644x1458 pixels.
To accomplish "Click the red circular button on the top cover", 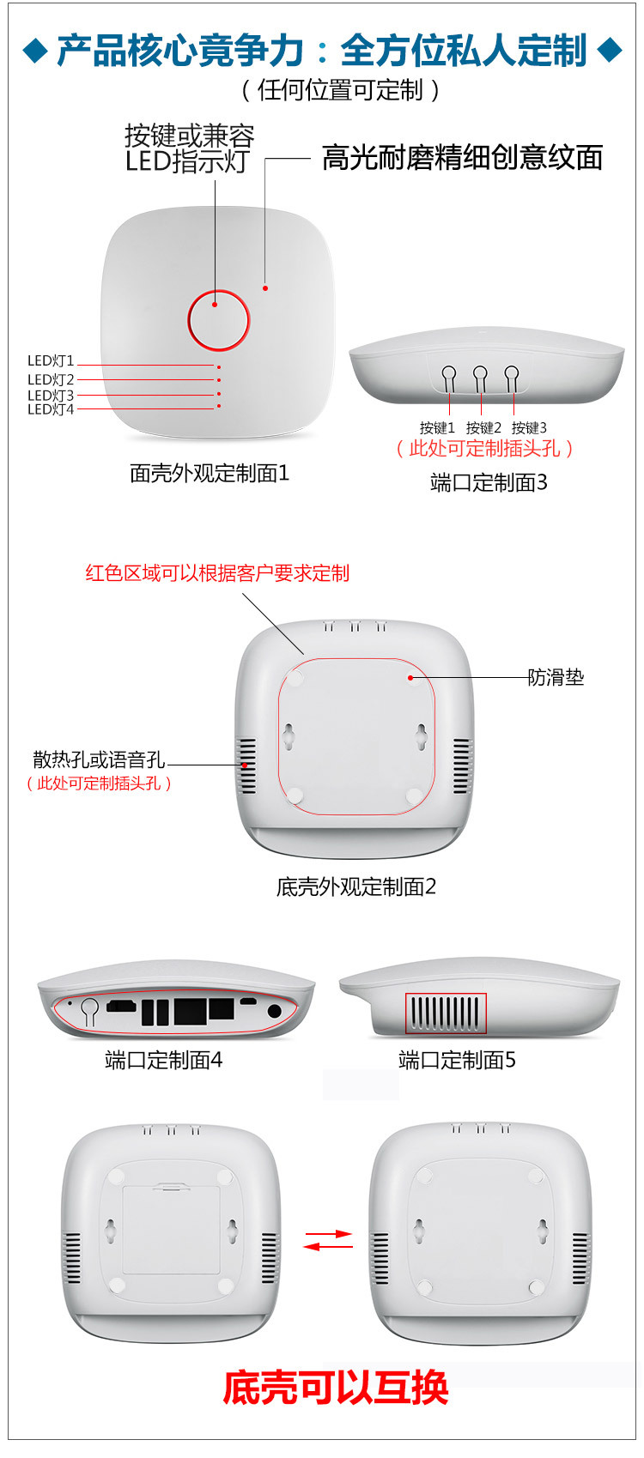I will (x=218, y=320).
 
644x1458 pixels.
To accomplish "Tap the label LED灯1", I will (x=51, y=361).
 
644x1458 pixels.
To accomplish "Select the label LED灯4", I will (x=51, y=409).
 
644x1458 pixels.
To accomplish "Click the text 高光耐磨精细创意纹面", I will (x=462, y=158).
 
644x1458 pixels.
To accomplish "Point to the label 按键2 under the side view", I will (x=483, y=427).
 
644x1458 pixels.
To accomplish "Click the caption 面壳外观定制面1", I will (x=210, y=473).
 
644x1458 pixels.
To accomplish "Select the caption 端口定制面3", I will (x=489, y=482).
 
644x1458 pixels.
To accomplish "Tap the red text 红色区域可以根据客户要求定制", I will (x=217, y=573).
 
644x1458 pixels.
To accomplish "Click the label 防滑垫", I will (x=556, y=677).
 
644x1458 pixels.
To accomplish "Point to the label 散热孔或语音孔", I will (x=99, y=759).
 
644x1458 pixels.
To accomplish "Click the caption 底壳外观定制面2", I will (x=356, y=886).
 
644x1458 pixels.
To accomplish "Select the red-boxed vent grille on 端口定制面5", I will (x=446, y=1013).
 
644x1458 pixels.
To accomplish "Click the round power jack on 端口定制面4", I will (x=275, y=1011).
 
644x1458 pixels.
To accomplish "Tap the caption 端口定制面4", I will (x=163, y=1061).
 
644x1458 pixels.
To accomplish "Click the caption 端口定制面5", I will (x=457, y=1061).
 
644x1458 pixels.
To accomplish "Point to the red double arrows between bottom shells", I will (x=328, y=1240).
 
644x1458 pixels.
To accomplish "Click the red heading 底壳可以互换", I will (x=336, y=1387).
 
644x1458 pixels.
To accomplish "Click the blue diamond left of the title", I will (x=34, y=51).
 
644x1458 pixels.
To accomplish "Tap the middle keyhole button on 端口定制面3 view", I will (x=480, y=375).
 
